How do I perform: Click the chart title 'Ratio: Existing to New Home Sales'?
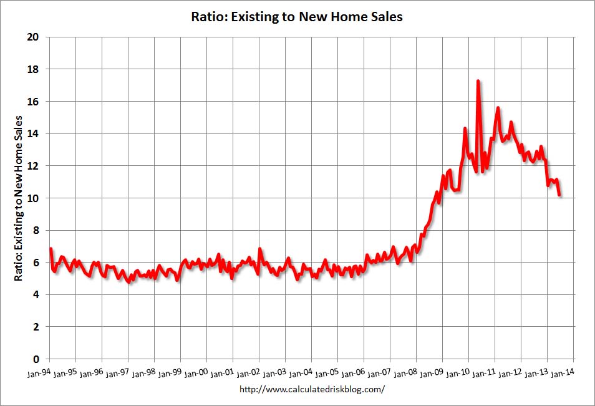coord(297,17)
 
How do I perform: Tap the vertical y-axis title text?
coord(19,197)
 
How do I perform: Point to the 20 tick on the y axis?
coord(34,37)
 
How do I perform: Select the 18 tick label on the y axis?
coord(34,69)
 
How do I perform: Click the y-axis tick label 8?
coord(37,230)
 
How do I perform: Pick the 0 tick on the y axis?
coord(37,359)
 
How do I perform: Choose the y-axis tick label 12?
coord(34,166)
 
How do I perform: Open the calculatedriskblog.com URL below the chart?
coord(312,390)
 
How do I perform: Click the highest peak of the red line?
coord(478,81)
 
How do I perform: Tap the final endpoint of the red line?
coord(559,195)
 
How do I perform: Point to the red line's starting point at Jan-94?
coord(50,249)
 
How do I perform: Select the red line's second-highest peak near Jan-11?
coord(498,109)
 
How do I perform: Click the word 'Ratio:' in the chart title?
coord(208,17)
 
